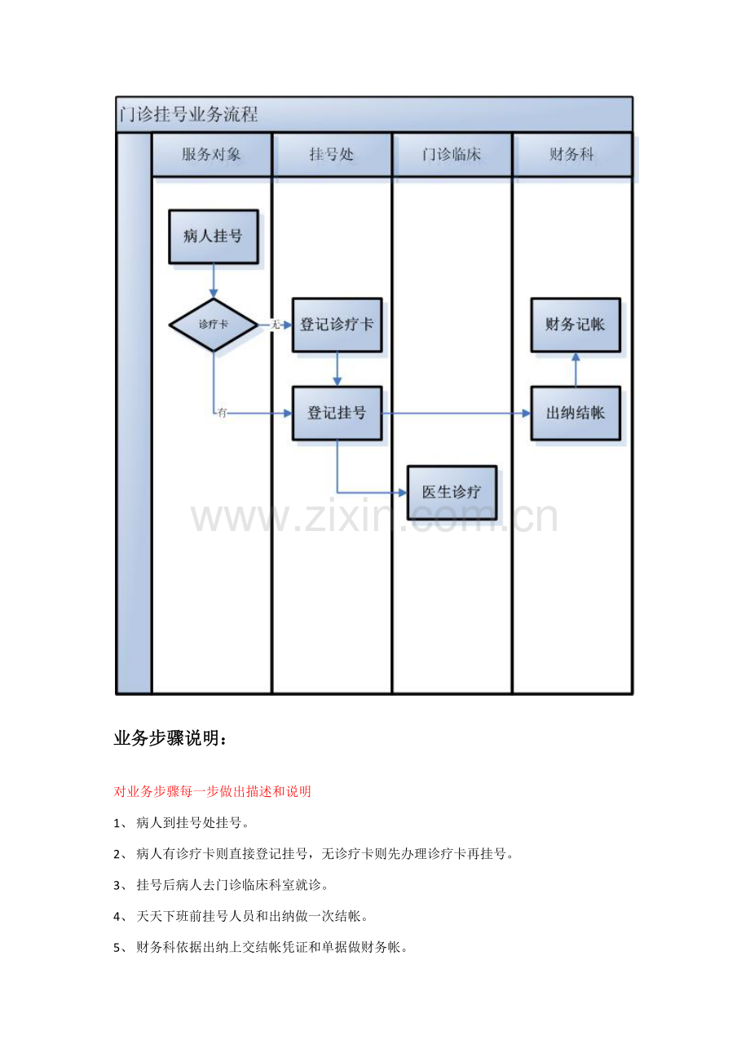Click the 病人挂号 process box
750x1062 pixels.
pos(214,237)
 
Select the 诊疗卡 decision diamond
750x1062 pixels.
pos(214,325)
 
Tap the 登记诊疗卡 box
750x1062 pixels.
pos(337,325)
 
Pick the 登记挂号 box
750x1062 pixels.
pos(337,413)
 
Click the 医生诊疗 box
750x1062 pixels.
pos(452,493)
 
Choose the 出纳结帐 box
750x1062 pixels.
pos(576,413)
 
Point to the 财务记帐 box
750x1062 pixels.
pos(576,325)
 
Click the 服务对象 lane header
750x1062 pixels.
pos(212,154)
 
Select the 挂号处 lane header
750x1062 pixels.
pos(332,154)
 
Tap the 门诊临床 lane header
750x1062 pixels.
pos(452,154)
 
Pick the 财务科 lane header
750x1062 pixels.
pos(572,154)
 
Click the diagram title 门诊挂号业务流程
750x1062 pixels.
pos(188,114)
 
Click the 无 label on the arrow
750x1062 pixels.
pos(276,325)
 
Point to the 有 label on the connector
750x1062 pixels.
pos(223,413)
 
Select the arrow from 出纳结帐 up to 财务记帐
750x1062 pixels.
pos(576,369)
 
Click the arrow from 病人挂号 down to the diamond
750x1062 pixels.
pos(214,281)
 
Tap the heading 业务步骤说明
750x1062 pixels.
pos(170,738)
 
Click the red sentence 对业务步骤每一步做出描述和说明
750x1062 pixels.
pos(212,791)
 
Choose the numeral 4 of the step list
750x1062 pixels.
pos(117,917)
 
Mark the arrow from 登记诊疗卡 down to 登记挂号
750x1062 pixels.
pos(337,369)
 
